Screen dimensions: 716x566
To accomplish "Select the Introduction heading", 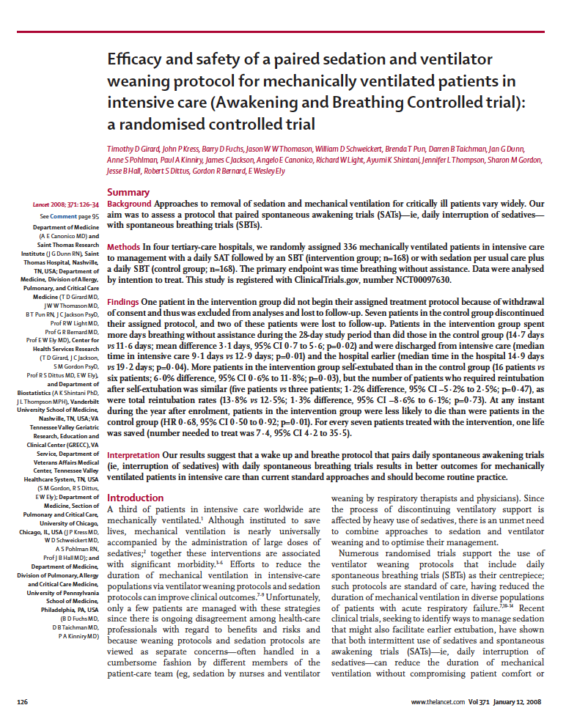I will (x=135, y=477).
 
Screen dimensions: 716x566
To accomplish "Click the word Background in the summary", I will (x=129, y=203).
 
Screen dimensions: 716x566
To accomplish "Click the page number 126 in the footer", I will (x=23, y=701).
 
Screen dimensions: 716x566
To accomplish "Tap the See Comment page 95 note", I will (x=70, y=217).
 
